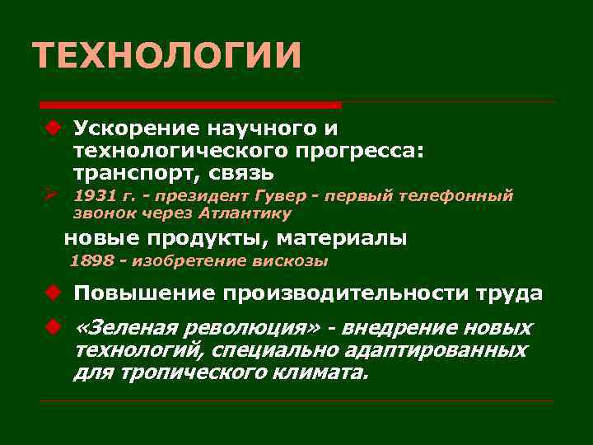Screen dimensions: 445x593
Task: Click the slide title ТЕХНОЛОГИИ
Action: (x=167, y=56)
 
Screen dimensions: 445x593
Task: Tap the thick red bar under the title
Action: (x=190, y=105)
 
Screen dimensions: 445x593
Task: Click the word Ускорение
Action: (x=133, y=129)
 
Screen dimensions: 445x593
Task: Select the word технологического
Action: (x=180, y=151)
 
